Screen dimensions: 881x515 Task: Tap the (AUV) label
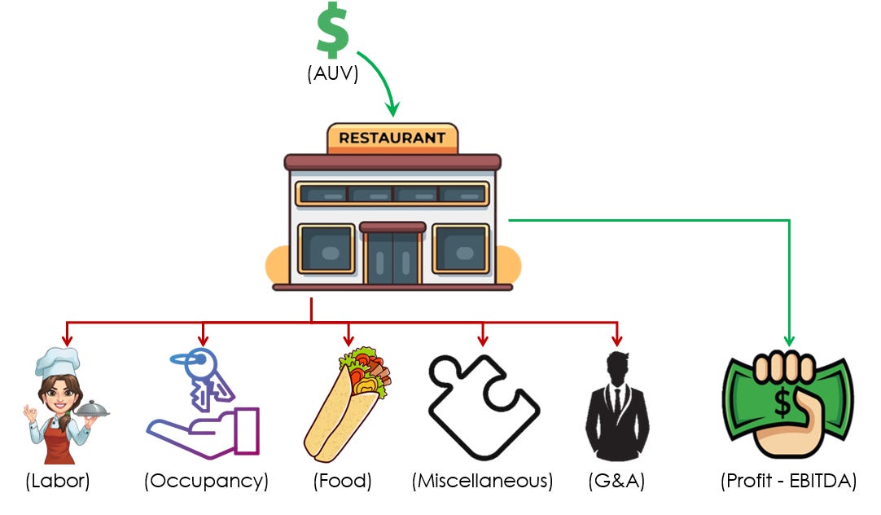pyautogui.click(x=332, y=73)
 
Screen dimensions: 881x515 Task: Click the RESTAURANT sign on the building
pyautogui.click(x=392, y=138)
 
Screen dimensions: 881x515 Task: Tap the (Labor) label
pyautogui.click(x=57, y=481)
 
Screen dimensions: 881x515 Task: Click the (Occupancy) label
pyautogui.click(x=206, y=481)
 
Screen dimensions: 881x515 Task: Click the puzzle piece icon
pyautogui.click(x=483, y=405)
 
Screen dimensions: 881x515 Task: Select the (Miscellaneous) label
pyautogui.click(x=482, y=481)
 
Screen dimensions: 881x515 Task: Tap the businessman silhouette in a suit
pyautogui.click(x=616, y=407)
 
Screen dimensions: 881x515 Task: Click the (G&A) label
pyautogui.click(x=616, y=481)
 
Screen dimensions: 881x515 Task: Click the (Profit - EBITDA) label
pyautogui.click(x=788, y=481)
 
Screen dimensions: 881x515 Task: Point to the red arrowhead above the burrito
pyautogui.click(x=348, y=338)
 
